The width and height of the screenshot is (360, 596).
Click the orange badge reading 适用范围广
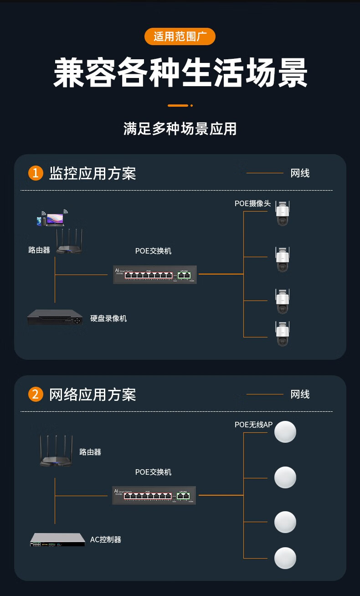(x=180, y=36)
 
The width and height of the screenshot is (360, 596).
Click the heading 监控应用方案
(x=93, y=173)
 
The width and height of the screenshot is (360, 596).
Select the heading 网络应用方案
(x=93, y=394)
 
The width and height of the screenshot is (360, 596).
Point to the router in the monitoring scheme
(x=69, y=243)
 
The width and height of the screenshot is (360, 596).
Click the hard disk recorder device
(x=55, y=318)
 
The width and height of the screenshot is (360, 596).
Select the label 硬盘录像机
(x=108, y=318)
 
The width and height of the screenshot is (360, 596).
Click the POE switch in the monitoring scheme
(x=155, y=274)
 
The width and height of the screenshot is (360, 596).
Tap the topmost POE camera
(x=283, y=213)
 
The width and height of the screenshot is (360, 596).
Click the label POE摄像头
(x=252, y=203)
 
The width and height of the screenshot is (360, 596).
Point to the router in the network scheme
(x=56, y=451)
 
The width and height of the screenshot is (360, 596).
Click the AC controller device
(x=57, y=540)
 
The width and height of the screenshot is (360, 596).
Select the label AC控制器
(x=106, y=539)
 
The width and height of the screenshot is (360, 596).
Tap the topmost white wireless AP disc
(x=285, y=431)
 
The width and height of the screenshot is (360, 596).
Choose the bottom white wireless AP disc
(x=285, y=558)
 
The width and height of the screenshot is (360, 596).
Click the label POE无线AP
(x=253, y=425)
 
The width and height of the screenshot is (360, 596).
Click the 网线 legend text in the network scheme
(x=300, y=394)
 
